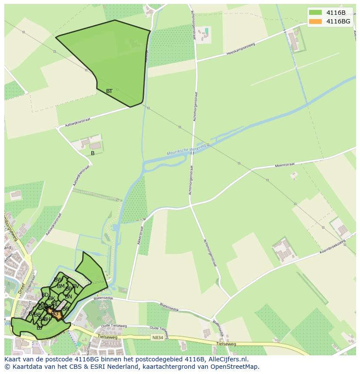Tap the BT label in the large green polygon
(x=109, y=91)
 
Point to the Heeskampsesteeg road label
(x=240, y=49)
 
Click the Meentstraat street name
(x=285, y=165)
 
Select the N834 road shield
(x=158, y=337)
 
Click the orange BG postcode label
(x=54, y=314)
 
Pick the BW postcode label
(x=58, y=280)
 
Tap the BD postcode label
(x=45, y=295)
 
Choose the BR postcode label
(x=66, y=309)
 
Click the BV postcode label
(x=75, y=286)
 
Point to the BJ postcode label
(x=40, y=328)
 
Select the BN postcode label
(x=68, y=297)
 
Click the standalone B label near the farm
(x=93, y=153)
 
